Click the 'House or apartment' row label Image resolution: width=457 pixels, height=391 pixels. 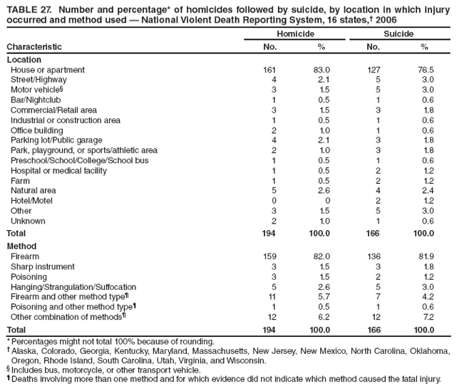click(x=47, y=71)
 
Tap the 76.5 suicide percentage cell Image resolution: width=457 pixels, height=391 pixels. click(x=426, y=71)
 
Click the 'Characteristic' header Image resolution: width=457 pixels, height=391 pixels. click(x=34, y=47)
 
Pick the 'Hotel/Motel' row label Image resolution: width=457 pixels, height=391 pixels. click(x=31, y=202)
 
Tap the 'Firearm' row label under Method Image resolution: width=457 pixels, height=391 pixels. click(x=25, y=256)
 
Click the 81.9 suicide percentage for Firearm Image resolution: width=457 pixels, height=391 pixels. click(x=426, y=256)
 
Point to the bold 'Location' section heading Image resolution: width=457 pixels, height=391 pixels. click(x=24, y=60)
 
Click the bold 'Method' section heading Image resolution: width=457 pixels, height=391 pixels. click(x=21, y=246)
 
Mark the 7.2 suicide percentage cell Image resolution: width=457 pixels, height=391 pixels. click(x=428, y=316)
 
